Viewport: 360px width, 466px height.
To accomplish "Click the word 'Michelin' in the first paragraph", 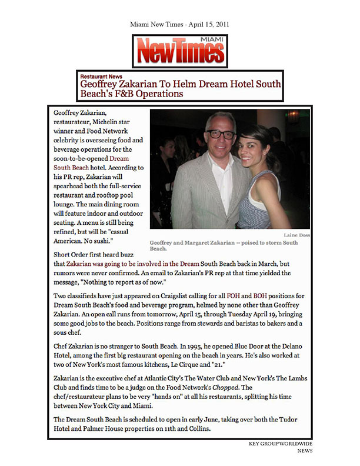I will (x=112, y=121).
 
